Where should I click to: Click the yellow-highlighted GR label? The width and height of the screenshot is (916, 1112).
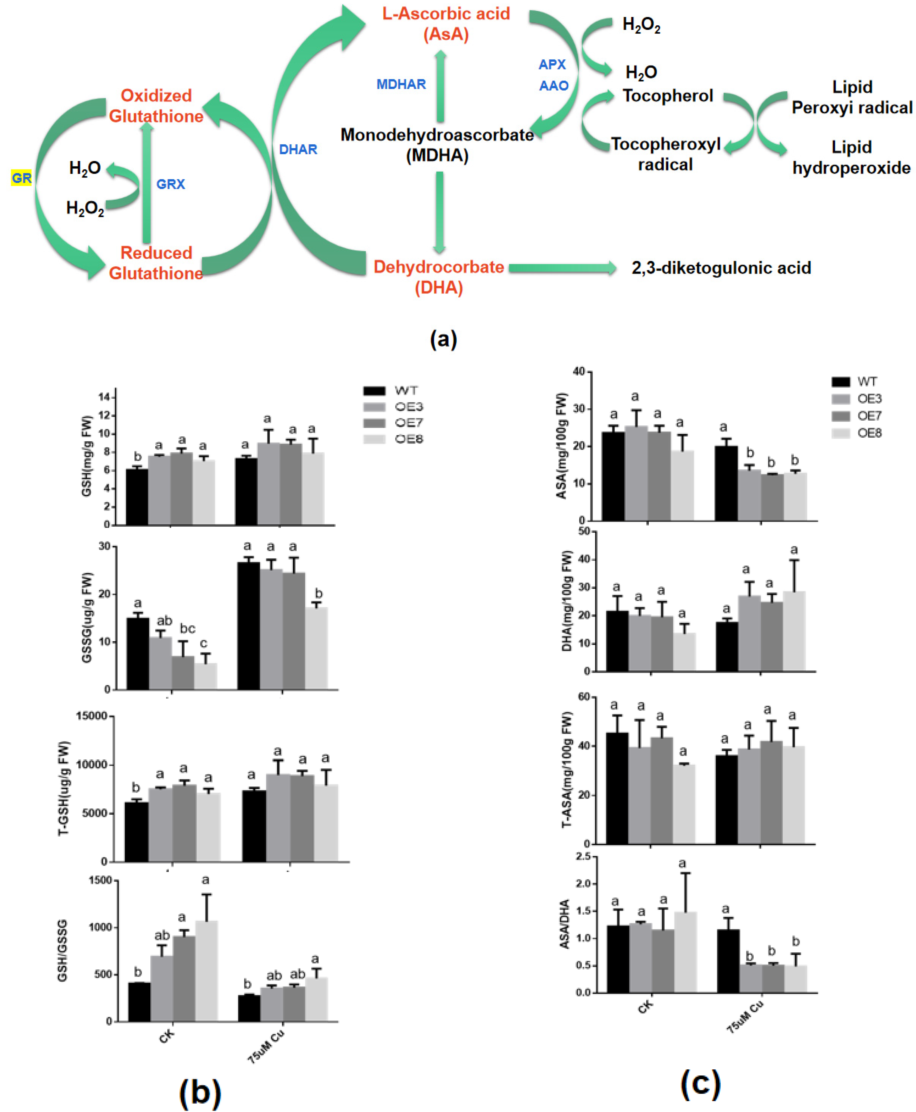[x=21, y=178]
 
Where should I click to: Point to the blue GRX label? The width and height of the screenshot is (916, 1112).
[x=171, y=184]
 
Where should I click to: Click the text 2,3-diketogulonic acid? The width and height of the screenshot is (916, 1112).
[x=721, y=268]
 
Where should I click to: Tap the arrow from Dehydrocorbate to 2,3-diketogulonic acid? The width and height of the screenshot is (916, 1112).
[x=562, y=268]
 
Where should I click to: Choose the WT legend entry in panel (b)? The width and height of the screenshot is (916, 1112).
[x=393, y=391]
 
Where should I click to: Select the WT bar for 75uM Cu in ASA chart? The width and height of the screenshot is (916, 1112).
[x=726, y=483]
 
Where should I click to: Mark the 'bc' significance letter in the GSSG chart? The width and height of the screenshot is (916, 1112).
[x=187, y=629]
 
